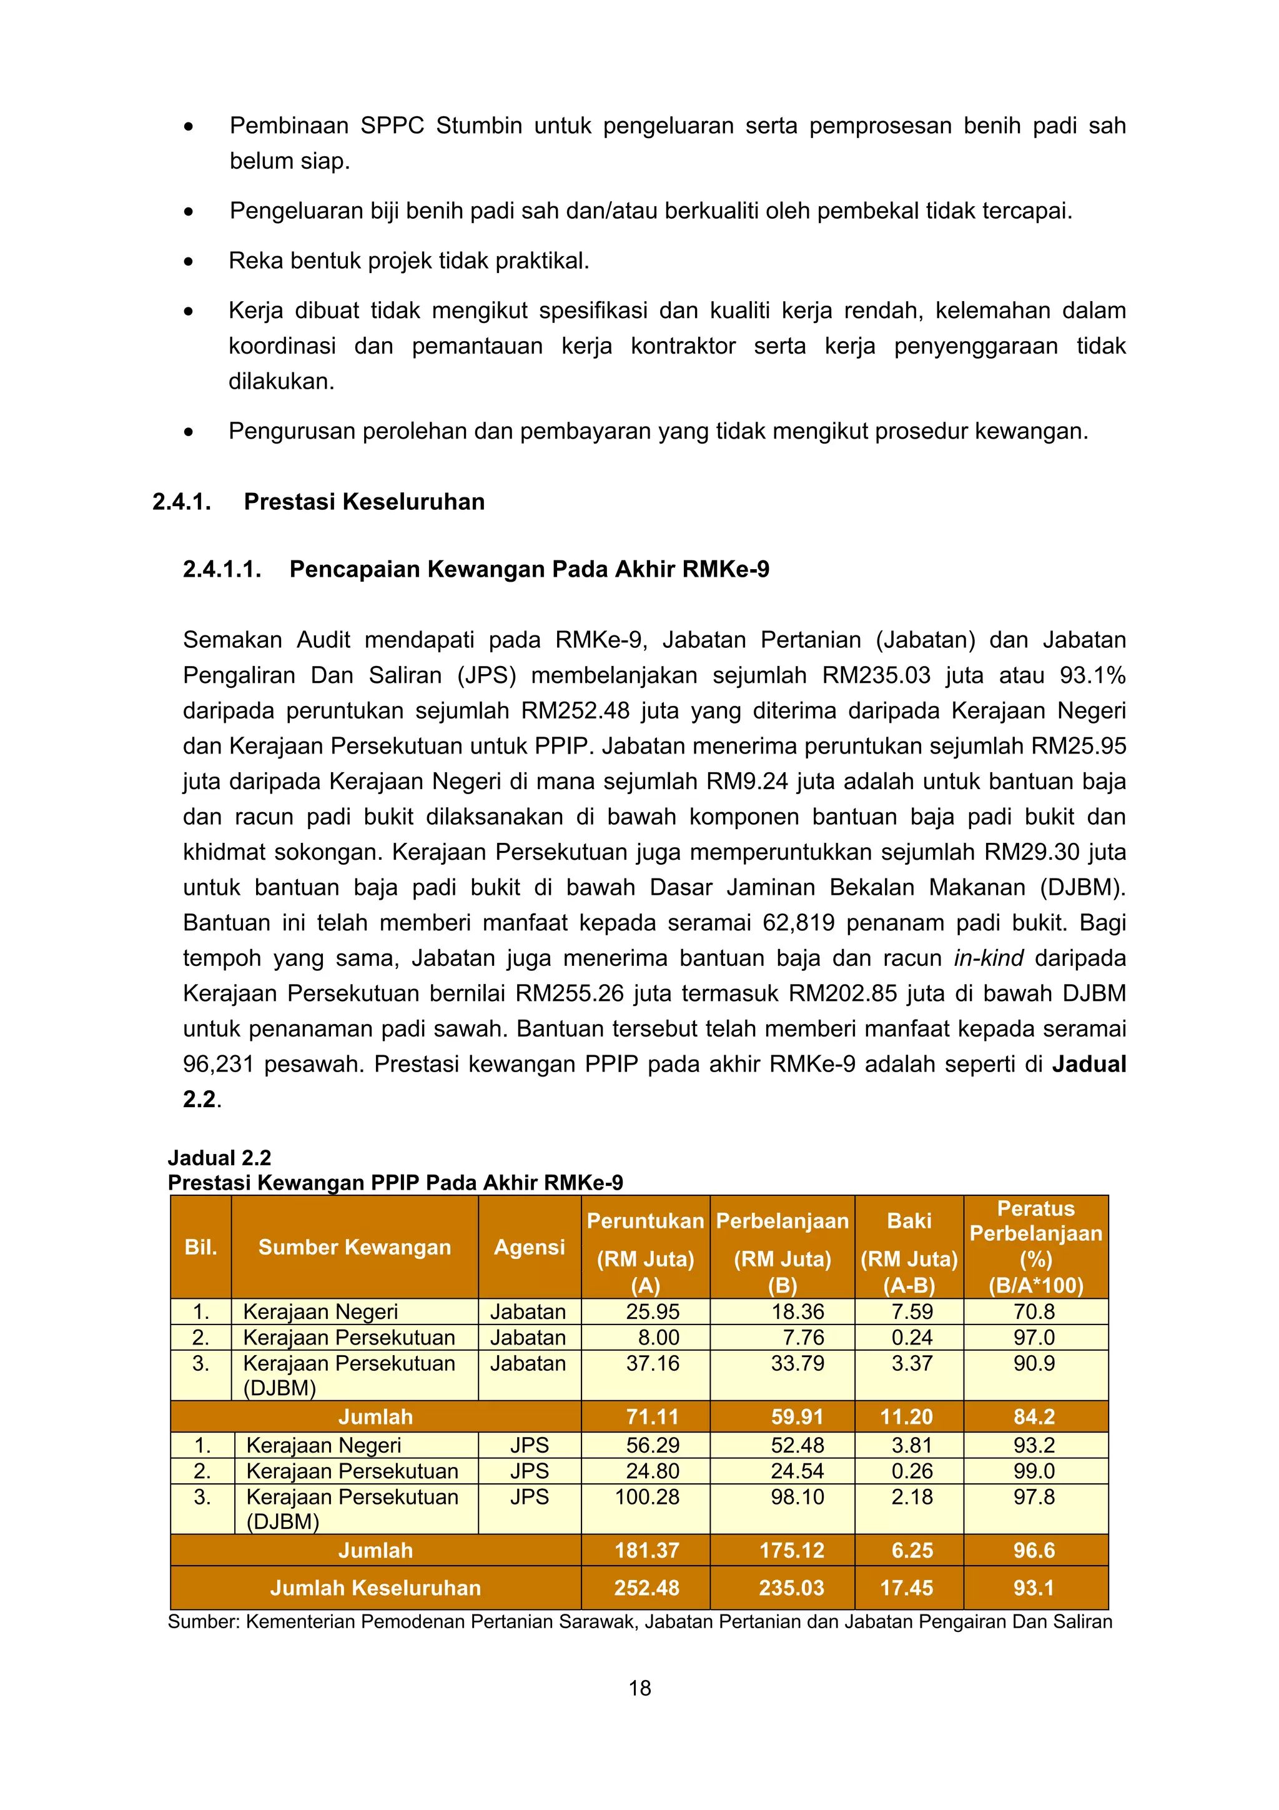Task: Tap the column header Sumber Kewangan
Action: click(355, 1246)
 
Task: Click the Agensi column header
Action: click(529, 1246)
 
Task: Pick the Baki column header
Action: click(909, 1220)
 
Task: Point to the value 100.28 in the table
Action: click(646, 1496)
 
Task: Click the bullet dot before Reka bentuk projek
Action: click(189, 262)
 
